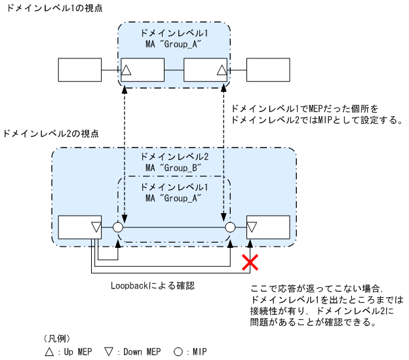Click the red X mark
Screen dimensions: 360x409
click(x=249, y=264)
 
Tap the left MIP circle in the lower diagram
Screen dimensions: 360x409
click(x=118, y=228)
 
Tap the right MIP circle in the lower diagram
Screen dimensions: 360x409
click(x=229, y=228)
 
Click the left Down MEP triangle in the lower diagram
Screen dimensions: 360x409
click(x=96, y=228)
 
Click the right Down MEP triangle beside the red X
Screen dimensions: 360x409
click(x=252, y=228)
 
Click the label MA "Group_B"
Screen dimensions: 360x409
click(x=173, y=168)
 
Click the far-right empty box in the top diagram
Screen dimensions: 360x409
click(x=268, y=69)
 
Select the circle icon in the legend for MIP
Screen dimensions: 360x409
click(x=178, y=351)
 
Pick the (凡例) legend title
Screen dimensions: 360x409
click(x=56, y=338)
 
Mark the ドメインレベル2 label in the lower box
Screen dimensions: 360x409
click(x=174, y=157)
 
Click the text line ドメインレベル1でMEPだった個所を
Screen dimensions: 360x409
click(x=306, y=106)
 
